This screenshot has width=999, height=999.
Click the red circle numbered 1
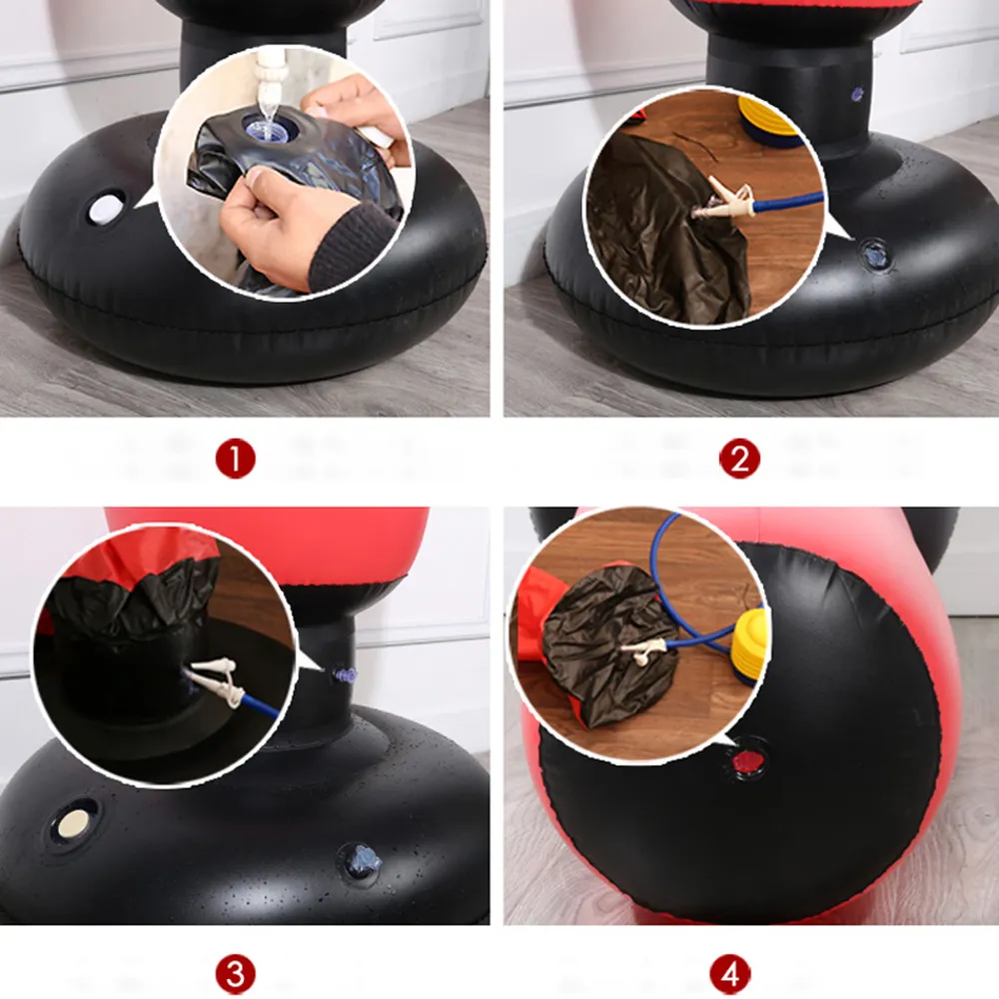click(x=236, y=460)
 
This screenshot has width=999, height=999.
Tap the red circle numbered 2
click(x=739, y=460)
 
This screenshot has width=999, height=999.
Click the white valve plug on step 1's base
click(x=104, y=209)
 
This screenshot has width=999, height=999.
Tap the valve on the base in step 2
click(x=876, y=254)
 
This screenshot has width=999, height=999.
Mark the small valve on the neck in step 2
click(x=856, y=94)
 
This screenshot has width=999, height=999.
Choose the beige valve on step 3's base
click(x=74, y=823)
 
